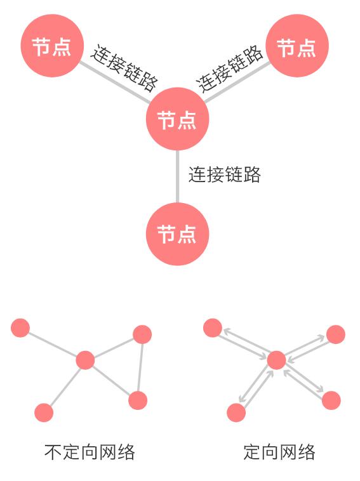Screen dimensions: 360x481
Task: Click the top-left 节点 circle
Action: click(x=52, y=46)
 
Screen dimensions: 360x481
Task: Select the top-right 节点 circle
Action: click(x=297, y=46)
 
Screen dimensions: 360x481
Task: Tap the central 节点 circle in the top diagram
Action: click(x=177, y=119)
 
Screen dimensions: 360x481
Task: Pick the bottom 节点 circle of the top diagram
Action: click(x=177, y=234)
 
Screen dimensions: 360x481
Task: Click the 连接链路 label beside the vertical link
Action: click(x=224, y=175)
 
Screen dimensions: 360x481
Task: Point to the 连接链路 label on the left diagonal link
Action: click(x=124, y=68)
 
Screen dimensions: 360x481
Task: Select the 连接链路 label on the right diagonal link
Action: click(x=230, y=69)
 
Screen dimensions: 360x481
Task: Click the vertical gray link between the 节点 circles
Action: click(x=177, y=176)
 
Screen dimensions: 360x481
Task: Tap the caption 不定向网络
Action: click(x=90, y=452)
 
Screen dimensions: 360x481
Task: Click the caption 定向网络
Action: click(x=279, y=452)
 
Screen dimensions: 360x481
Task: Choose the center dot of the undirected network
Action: click(x=85, y=360)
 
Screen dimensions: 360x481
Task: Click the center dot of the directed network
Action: click(x=277, y=360)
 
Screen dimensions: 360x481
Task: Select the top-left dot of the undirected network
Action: click(x=20, y=328)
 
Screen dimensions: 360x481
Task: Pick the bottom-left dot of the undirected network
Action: click(x=44, y=412)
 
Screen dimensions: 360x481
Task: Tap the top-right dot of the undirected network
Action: click(x=142, y=334)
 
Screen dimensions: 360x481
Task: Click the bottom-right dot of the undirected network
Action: click(x=138, y=400)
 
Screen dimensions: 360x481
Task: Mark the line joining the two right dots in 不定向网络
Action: click(x=140, y=367)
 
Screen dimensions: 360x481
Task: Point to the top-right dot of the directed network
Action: click(x=336, y=334)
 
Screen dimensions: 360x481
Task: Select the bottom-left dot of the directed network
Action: click(x=236, y=412)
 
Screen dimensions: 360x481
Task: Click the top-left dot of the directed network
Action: click(x=213, y=328)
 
